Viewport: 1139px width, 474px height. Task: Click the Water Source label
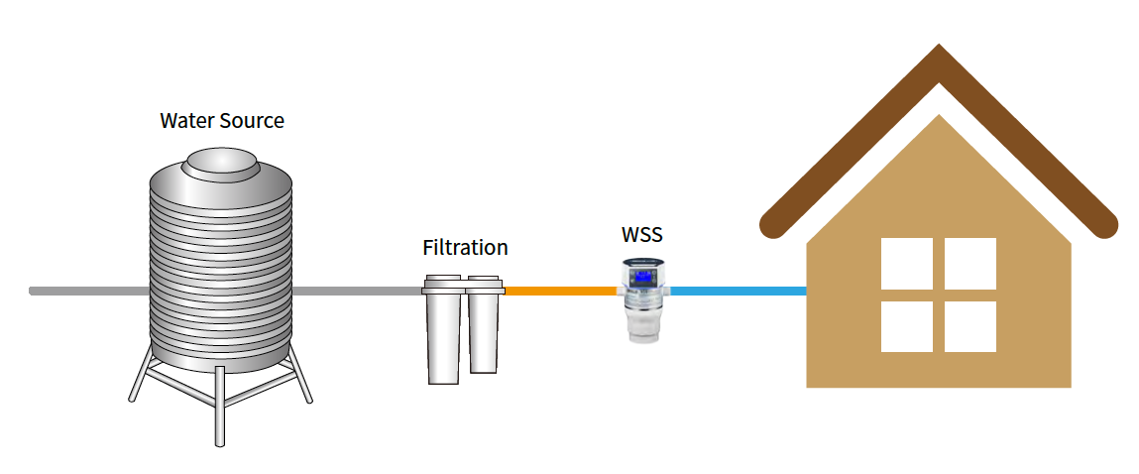pos(222,121)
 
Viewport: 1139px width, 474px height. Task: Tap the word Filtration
pos(465,248)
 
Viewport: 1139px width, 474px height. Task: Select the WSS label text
pos(641,236)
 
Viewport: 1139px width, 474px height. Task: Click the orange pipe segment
pos(560,291)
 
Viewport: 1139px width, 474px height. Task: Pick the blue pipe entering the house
pos(739,291)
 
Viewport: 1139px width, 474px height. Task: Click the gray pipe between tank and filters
pos(357,291)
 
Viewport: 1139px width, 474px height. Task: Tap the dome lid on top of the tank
pos(221,164)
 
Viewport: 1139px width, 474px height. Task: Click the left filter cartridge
pos(443,332)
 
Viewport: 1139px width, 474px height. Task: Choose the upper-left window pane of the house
pos(907,263)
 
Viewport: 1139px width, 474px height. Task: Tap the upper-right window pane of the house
pos(970,263)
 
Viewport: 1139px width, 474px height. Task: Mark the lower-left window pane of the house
pos(907,326)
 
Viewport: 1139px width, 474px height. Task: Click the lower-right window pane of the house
pos(970,326)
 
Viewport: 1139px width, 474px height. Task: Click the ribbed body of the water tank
pos(221,268)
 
